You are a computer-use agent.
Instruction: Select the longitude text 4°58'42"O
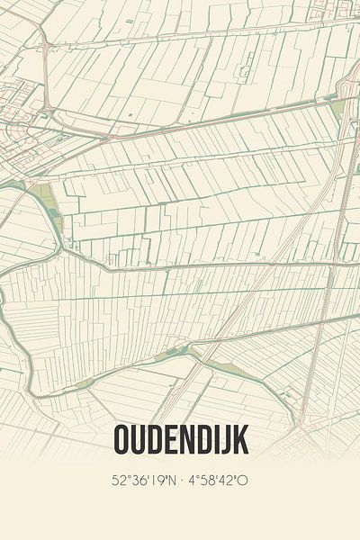(217, 480)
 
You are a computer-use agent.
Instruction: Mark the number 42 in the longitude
(228, 480)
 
